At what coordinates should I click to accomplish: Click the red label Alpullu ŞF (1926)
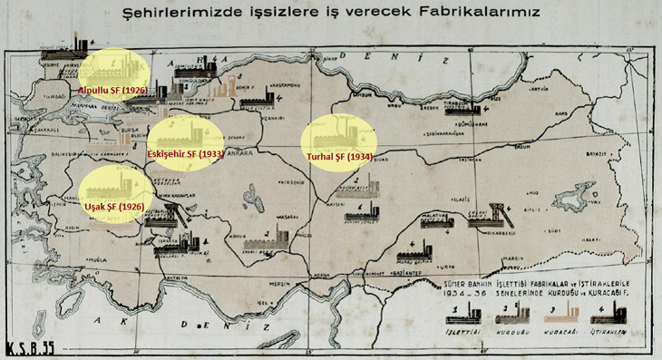click(111, 91)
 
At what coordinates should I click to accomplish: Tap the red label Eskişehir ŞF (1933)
click(186, 154)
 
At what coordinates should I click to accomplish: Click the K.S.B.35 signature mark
click(31, 346)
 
